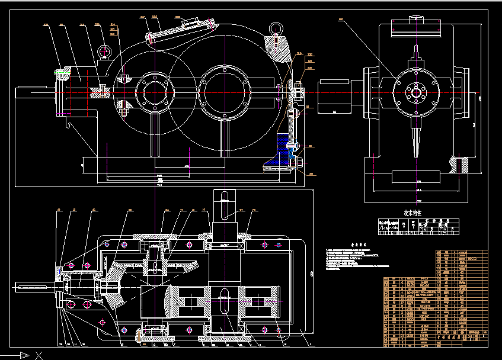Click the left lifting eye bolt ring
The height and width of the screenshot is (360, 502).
[104, 52]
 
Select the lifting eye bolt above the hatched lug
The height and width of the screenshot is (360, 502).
[275, 29]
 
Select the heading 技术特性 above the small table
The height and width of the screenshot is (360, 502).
[414, 213]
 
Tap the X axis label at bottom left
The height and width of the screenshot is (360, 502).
[39, 355]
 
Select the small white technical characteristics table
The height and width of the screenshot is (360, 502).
[418, 227]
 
